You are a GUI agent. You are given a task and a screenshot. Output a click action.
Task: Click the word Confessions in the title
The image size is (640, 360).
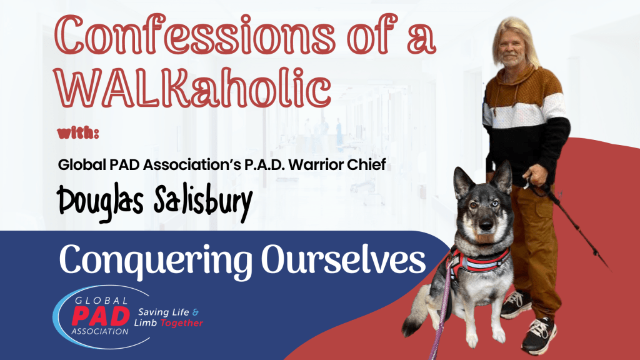click(195, 35)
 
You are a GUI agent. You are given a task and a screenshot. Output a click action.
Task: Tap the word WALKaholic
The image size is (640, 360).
click(192, 86)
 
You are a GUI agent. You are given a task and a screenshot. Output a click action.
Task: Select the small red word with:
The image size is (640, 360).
click(78, 134)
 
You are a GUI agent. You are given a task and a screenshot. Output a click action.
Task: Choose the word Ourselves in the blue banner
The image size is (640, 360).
click(344, 261)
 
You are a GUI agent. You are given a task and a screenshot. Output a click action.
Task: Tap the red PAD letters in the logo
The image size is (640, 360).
click(101, 316)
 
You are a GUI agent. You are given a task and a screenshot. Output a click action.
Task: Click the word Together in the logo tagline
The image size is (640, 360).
click(181, 324)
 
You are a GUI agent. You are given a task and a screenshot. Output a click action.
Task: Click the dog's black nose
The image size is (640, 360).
click(485, 226)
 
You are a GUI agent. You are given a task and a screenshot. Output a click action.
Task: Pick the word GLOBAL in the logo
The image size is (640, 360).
click(101, 301)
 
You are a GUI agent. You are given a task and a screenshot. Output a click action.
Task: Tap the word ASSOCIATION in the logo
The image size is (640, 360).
click(100, 331)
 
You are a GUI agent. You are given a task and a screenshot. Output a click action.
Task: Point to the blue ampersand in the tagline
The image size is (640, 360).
click(196, 312)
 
